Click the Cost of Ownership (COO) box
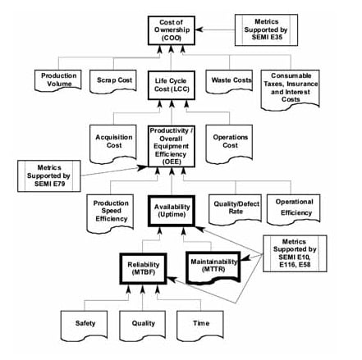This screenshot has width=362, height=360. (x=172, y=30)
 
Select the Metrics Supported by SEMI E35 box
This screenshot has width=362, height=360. (x=266, y=30)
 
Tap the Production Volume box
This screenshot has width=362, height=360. (x=58, y=80)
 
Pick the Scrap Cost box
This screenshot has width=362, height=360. (x=113, y=81)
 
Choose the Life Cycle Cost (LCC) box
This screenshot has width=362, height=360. (x=172, y=85)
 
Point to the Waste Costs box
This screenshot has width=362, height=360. (x=229, y=81)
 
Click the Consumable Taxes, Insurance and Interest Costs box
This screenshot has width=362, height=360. (x=291, y=89)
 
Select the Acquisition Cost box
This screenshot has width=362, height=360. (x=113, y=144)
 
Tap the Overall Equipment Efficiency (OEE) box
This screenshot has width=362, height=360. (x=172, y=146)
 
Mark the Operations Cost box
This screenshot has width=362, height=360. (x=229, y=144)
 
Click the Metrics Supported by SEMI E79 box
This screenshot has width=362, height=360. (x=49, y=175)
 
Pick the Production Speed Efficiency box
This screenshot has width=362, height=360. (x=110, y=213)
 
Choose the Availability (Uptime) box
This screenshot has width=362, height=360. (x=172, y=211)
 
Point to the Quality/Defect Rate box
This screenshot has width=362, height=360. (x=235, y=209)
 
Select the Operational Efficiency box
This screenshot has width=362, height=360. (x=293, y=209)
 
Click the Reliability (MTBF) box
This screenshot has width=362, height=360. (x=143, y=268)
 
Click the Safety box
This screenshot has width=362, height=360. (x=84, y=326)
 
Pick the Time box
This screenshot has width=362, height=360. (x=200, y=326)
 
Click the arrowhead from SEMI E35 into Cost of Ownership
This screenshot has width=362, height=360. (x=199, y=30)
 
